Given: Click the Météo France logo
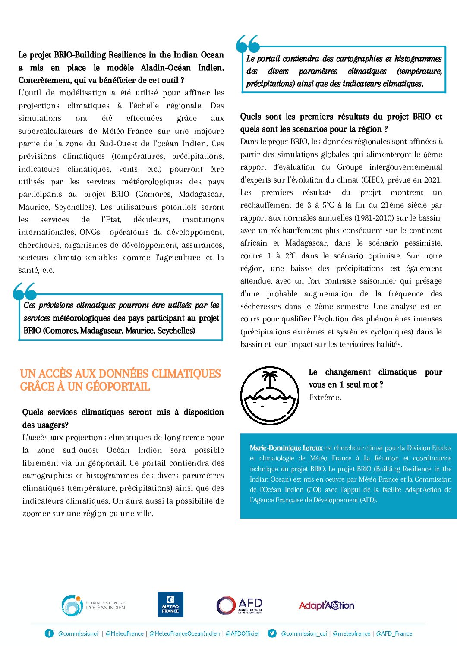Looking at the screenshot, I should pos(170,604).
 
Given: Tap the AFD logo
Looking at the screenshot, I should pos(239,605).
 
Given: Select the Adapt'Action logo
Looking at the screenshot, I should pos(326,605).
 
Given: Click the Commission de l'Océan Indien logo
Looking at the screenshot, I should pos(93,605).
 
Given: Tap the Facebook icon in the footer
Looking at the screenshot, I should pos(49,633).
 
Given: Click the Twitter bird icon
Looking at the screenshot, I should pos(272,633).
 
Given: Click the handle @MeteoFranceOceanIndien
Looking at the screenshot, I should pos(184,633).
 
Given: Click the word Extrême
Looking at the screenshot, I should pos(325,397).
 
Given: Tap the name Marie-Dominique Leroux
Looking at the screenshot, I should pos(286,448).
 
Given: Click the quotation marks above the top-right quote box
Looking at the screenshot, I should pos(248,44).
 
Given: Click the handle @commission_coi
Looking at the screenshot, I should pos(304,633).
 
